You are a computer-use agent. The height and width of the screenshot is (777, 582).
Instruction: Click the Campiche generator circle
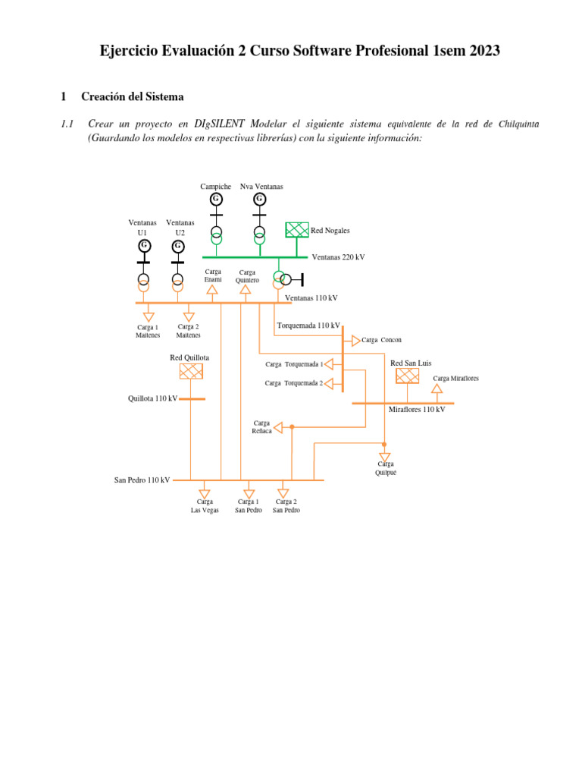click(x=216, y=199)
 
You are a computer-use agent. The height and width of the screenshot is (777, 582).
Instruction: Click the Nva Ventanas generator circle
click(x=259, y=199)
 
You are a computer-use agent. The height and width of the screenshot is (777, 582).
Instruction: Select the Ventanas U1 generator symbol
click(x=144, y=246)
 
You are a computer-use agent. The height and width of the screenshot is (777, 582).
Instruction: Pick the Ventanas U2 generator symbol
click(x=178, y=246)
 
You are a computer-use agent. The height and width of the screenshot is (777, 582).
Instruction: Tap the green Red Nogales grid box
click(x=297, y=230)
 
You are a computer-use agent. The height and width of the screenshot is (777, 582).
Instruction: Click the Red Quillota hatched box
click(x=191, y=371)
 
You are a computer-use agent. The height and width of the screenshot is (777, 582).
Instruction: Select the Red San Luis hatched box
click(x=407, y=376)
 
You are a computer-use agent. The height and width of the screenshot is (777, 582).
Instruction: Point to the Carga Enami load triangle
click(x=212, y=289)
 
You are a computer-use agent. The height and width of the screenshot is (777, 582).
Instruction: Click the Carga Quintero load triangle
click(x=245, y=289)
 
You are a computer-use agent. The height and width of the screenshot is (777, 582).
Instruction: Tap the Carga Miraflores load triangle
click(x=436, y=389)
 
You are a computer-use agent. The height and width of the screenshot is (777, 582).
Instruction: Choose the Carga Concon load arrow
click(x=356, y=341)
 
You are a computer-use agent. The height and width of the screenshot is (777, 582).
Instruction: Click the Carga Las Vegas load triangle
click(x=204, y=493)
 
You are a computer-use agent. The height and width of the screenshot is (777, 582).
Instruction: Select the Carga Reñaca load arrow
click(x=277, y=428)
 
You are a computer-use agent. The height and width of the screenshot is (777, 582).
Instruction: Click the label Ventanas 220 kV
click(x=338, y=257)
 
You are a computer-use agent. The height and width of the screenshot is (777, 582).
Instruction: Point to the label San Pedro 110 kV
click(x=142, y=480)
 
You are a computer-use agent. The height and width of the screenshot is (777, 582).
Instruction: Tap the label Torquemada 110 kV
click(x=308, y=326)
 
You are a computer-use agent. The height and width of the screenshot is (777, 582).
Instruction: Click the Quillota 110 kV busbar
click(x=192, y=398)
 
